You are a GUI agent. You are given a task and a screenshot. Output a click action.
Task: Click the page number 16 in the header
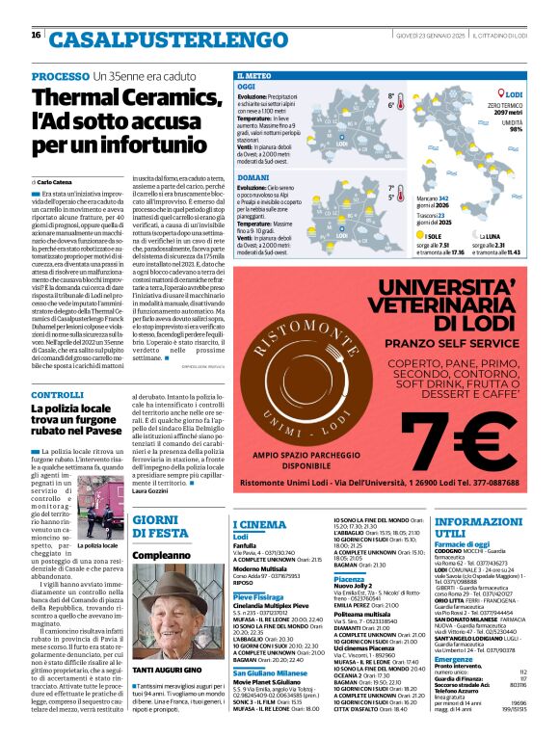tap(35, 35)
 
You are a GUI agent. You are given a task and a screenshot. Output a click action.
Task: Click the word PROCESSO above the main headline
tap(61, 76)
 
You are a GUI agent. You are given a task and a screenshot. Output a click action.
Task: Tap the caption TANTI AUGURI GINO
tap(166, 642)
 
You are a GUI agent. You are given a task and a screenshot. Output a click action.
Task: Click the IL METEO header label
tap(253, 74)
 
